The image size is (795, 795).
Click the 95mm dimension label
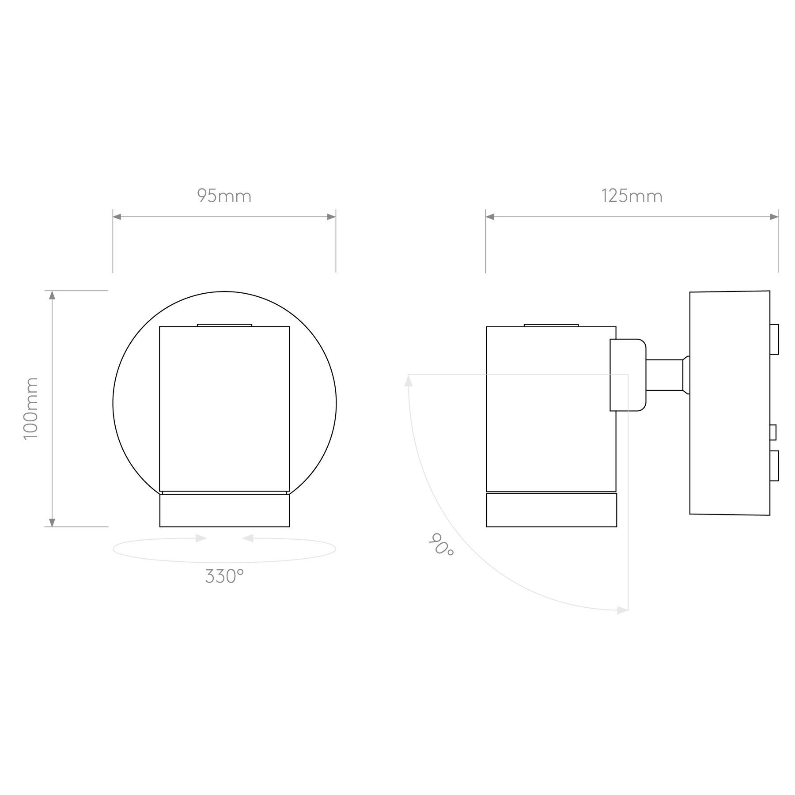coord(224,196)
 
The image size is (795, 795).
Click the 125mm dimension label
coord(632,196)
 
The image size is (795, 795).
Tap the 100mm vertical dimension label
coord(31,409)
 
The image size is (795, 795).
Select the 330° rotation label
coord(224,576)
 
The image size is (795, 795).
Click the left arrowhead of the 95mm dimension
coord(117,217)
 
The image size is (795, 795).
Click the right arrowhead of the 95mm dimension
coord(331,217)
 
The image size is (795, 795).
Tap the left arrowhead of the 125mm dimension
coord(490,217)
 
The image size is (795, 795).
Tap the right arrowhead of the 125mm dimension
coord(774,217)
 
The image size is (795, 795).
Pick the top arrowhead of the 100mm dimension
coord(52,295)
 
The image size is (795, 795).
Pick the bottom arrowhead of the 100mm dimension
coord(52,522)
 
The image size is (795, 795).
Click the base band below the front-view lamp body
coord(225,511)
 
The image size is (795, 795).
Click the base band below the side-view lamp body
coord(552,510)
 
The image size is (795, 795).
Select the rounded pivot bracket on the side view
coord(628,375)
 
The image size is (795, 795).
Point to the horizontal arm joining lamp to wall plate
coord(665,375)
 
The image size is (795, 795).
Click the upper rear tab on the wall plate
coord(774,339)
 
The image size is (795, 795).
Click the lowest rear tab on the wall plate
coord(774,466)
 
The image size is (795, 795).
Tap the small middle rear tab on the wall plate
coord(773,432)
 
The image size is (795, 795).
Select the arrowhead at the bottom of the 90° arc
coord(623,611)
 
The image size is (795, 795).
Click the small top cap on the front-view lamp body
coord(224,326)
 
